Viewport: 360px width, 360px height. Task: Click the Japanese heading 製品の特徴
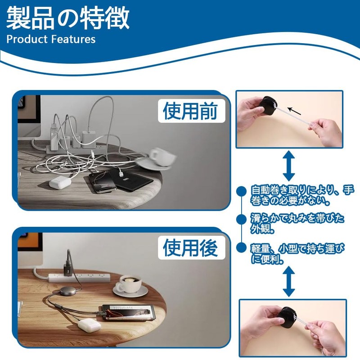[68, 18]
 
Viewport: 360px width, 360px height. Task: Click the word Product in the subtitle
[27, 39]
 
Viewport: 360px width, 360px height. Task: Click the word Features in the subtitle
[73, 39]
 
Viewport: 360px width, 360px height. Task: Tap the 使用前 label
[190, 111]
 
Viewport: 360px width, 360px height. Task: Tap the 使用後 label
[190, 248]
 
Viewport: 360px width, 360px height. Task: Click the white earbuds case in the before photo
[60, 183]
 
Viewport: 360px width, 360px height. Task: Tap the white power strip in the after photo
[79, 277]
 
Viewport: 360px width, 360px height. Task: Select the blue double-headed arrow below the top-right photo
[289, 166]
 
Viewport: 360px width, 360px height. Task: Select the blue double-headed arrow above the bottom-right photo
[289, 281]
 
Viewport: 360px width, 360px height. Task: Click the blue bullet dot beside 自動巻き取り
[241, 191]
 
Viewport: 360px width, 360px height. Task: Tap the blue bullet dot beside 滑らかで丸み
[241, 219]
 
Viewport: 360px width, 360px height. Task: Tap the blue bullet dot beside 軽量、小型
[241, 247]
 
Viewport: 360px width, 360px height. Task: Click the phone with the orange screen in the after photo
[129, 313]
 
